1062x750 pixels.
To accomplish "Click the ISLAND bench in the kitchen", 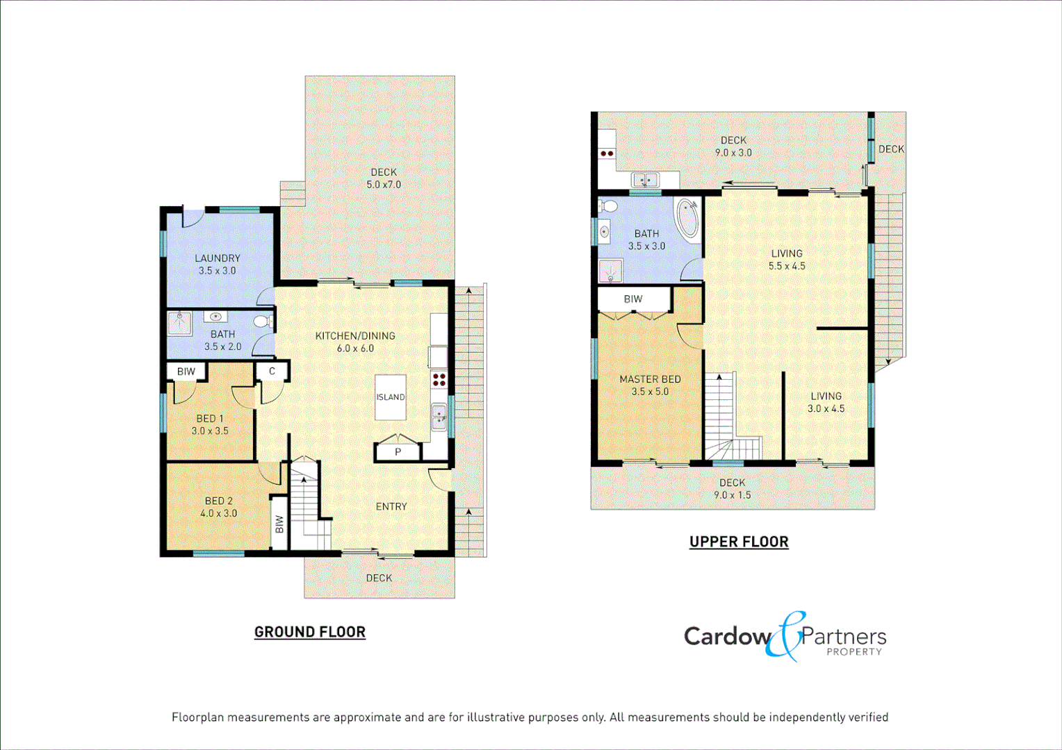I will click(x=390, y=397).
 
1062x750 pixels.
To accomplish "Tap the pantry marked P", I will click(x=398, y=452).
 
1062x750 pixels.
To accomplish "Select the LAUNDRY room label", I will click(x=218, y=258).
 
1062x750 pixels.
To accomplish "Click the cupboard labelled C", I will click(x=272, y=372).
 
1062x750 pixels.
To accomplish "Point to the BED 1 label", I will click(x=210, y=419).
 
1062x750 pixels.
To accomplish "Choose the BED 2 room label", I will click(x=219, y=501).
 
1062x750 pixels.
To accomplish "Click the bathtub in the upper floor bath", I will click(x=688, y=219).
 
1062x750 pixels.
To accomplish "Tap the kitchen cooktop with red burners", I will click(x=439, y=379).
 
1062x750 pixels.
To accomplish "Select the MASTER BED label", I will click(x=650, y=379).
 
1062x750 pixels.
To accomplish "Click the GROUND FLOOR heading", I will click(x=310, y=632).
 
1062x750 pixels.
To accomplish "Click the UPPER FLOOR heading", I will click(x=739, y=542).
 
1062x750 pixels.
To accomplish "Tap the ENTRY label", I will click(x=391, y=507).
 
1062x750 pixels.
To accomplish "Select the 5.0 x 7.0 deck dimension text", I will click(x=384, y=185).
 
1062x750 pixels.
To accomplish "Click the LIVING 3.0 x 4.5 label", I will click(x=826, y=402).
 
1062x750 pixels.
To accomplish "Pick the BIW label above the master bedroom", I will click(x=633, y=299).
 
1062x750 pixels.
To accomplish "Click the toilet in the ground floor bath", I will click(x=263, y=322).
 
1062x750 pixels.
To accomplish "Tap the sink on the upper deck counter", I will click(x=645, y=181).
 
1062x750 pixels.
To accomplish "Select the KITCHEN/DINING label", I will click(x=355, y=336).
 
